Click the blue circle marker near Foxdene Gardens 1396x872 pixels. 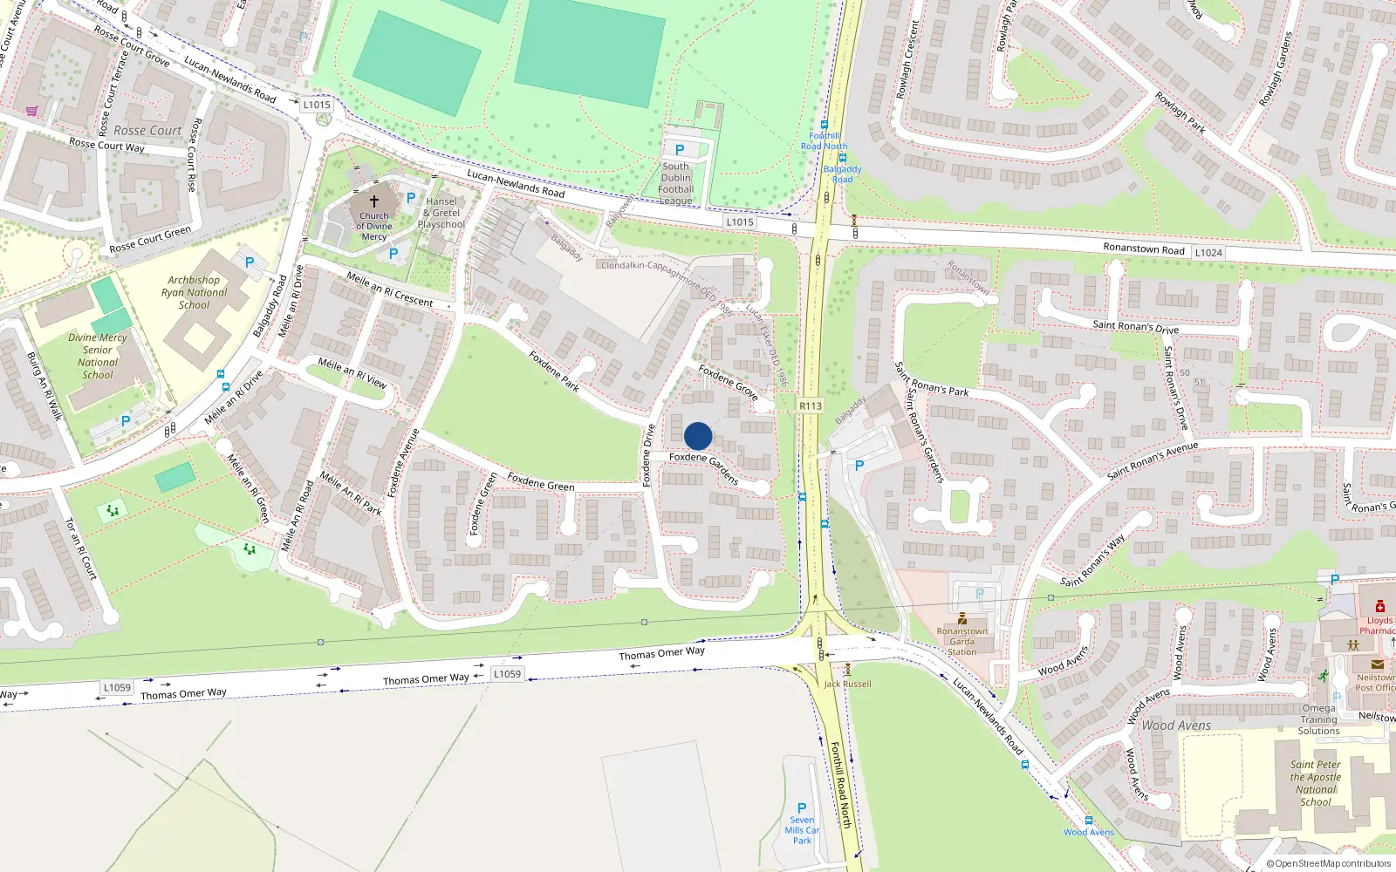[x=698, y=436]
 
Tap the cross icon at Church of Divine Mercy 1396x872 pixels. [x=374, y=201]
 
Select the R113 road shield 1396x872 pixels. [x=811, y=405]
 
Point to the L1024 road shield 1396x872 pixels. [x=1208, y=253]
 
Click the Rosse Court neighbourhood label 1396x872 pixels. [x=147, y=131]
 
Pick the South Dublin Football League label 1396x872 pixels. [x=676, y=183]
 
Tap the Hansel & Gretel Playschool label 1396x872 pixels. [x=441, y=213]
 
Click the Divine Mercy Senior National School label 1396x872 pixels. [x=98, y=356]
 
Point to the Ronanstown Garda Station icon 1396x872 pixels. [x=962, y=618]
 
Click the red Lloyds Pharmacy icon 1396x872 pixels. [x=1379, y=607]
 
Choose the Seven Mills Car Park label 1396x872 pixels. [x=802, y=829]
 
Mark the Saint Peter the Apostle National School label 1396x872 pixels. [x=1316, y=783]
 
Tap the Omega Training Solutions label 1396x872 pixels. [x=1318, y=719]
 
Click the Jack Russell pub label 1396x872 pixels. [x=847, y=684]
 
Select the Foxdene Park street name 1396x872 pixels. [x=554, y=371]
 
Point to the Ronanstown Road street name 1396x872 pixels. [x=1143, y=249]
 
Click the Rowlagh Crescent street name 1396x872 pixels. [x=907, y=59]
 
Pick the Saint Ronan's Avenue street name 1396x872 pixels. [x=1152, y=461]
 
